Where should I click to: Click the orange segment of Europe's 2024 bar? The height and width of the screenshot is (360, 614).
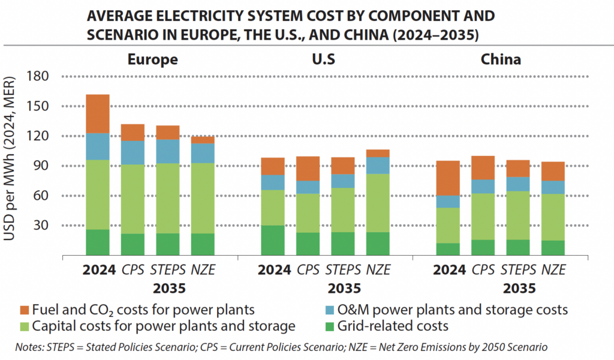97,113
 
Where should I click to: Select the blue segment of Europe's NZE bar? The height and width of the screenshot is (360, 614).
203,153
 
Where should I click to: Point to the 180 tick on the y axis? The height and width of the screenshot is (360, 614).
37,76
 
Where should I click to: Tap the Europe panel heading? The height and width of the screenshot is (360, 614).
152,59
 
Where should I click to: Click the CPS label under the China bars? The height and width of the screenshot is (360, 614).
483,270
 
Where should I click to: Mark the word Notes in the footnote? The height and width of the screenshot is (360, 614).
31,347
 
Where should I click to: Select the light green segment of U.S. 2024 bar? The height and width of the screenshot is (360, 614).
273,207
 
